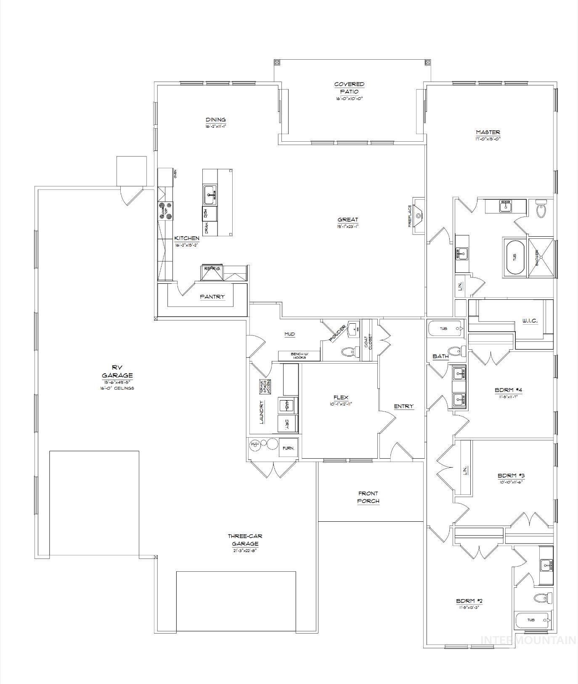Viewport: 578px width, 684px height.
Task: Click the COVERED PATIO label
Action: (x=349, y=87)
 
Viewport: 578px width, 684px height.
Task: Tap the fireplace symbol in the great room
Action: (x=418, y=216)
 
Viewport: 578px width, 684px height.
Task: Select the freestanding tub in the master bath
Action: (x=514, y=257)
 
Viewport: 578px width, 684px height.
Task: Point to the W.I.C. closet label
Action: (x=530, y=321)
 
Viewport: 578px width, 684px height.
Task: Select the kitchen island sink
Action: (x=210, y=195)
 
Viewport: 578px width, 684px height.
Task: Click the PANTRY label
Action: (x=212, y=297)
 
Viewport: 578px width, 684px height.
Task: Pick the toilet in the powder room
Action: (x=347, y=351)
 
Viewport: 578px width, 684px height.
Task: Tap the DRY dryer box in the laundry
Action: (x=288, y=423)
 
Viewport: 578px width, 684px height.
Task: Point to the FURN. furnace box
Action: (x=289, y=448)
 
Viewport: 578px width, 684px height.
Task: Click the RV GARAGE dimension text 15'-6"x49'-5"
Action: (x=117, y=382)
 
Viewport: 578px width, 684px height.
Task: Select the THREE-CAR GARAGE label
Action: (x=245, y=540)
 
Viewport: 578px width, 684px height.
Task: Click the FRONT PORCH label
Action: (x=368, y=497)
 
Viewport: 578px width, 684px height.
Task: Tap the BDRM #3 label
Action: (x=511, y=476)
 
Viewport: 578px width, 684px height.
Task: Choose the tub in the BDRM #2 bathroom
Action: (x=532, y=620)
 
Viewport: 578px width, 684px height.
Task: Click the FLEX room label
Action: (x=341, y=398)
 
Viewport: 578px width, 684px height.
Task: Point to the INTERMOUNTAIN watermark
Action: (x=528, y=652)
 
